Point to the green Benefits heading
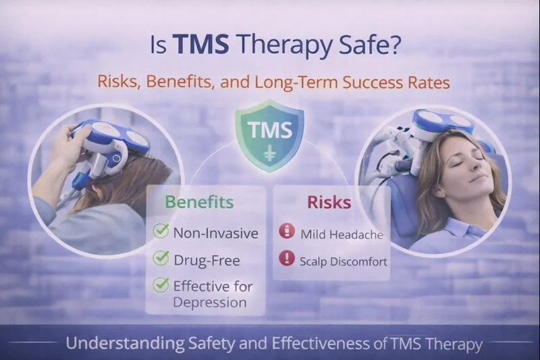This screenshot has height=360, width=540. click(x=200, y=201)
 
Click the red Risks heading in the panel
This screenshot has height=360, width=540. click(x=329, y=201)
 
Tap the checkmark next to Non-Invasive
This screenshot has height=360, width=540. click(x=161, y=231)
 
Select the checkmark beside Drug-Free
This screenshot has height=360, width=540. click(x=161, y=257)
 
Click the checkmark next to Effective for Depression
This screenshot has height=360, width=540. click(x=161, y=285)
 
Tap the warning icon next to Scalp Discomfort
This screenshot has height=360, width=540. click(x=287, y=259)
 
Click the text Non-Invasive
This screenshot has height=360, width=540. click(x=215, y=233)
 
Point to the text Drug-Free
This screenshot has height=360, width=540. click(x=206, y=259)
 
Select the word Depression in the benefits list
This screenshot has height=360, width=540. click(x=209, y=302)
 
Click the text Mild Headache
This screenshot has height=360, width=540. click(x=342, y=235)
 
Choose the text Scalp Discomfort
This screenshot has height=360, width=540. click(x=344, y=261)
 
